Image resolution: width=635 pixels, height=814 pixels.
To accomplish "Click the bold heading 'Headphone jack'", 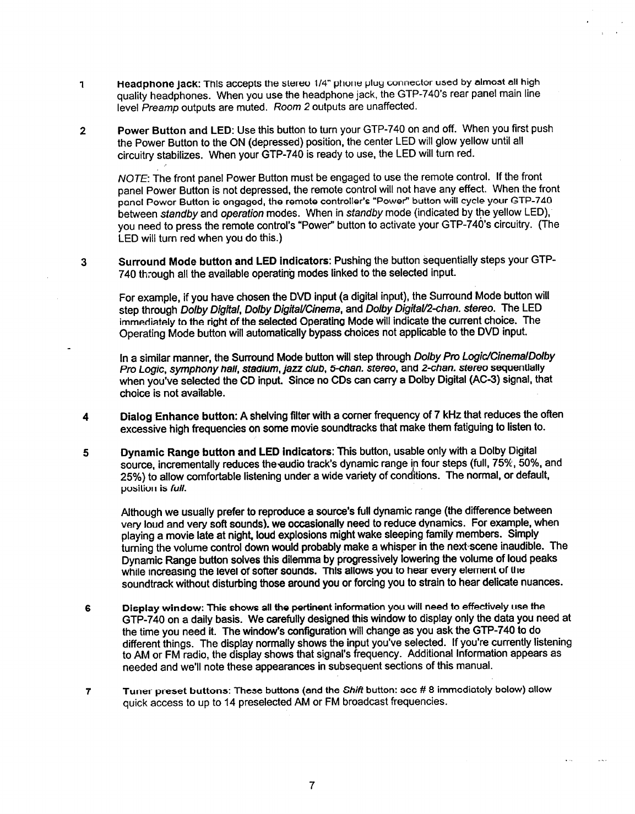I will click(146, 83).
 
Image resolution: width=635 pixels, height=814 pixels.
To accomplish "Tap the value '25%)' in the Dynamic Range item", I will click(131, 475).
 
